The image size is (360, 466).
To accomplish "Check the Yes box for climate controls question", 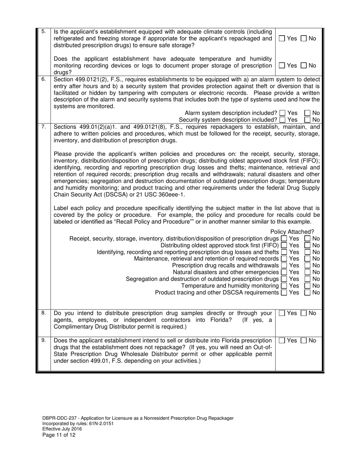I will pyautogui.click(x=282, y=39).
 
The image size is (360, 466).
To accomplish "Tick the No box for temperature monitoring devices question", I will pyautogui.click(x=304, y=66).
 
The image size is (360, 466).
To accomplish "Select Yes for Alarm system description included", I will pyautogui.click(x=282, y=113).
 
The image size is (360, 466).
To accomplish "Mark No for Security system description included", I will pyautogui.click(x=308, y=120).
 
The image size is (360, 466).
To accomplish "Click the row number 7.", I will pyautogui.click(x=43, y=127).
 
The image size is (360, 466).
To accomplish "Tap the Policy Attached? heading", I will pyautogui.click(x=292, y=232).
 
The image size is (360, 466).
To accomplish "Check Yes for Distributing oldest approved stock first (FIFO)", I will pyautogui.click(x=284, y=246).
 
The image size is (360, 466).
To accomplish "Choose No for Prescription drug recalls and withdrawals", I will pyautogui.click(x=308, y=266).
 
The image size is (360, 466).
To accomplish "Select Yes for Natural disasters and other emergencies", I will pyautogui.click(x=284, y=272).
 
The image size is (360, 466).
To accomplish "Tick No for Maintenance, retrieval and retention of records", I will pyautogui.click(x=308, y=259).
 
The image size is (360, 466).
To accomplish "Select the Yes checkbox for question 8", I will pyautogui.click(x=282, y=313).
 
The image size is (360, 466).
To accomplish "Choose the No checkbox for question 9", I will pyautogui.click(x=304, y=341).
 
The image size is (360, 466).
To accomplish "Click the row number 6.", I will pyautogui.click(x=43, y=80).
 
